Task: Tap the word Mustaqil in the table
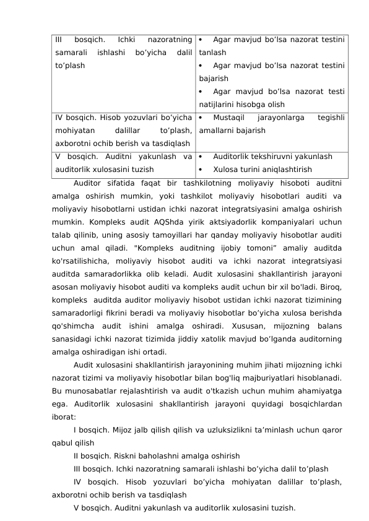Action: pos(229,118)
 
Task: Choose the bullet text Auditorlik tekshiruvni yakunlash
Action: pos(272,157)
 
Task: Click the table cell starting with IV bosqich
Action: pos(123,131)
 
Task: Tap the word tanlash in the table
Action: pos(212,53)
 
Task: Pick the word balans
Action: pos(332,325)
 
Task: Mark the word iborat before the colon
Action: pos(64,417)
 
